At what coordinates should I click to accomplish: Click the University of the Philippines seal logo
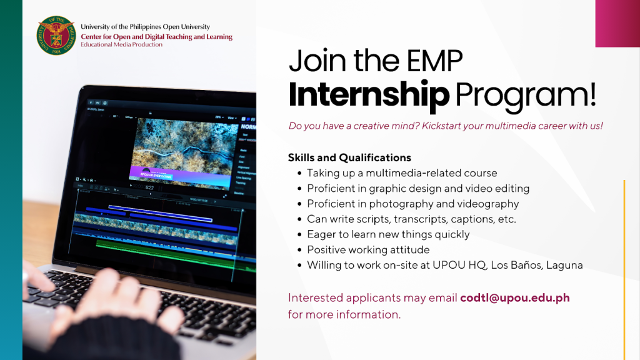[x=56, y=36]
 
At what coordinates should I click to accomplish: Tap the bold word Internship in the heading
[x=368, y=94]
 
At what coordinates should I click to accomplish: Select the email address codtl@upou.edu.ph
[x=514, y=297]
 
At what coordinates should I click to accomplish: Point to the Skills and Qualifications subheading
[x=349, y=157]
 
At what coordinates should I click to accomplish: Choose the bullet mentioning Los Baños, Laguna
[x=444, y=265]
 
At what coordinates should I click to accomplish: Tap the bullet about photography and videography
[x=412, y=204]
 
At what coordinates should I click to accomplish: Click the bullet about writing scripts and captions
[x=411, y=219]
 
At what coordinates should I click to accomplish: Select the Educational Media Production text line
[x=121, y=45]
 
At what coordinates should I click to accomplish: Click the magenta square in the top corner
[x=617, y=23]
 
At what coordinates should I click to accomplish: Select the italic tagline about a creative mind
[x=446, y=126]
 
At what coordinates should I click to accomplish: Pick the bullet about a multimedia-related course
[x=402, y=173]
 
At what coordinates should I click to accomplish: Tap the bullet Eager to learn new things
[x=387, y=234]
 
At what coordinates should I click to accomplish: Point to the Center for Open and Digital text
[x=156, y=37]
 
